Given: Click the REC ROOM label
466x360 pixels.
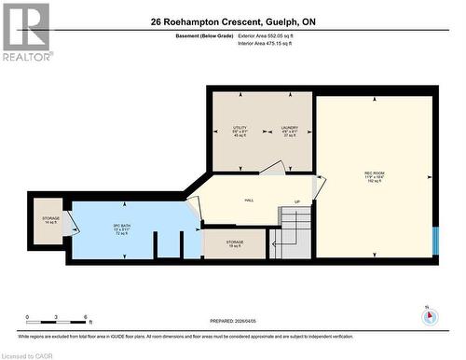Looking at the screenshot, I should pyautogui.click(x=376, y=175).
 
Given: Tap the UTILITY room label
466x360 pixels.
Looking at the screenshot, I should pyautogui.click(x=240, y=130).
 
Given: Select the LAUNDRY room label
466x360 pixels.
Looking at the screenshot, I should pyautogui.click(x=289, y=130).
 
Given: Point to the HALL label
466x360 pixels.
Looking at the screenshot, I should pyautogui.click(x=250, y=200).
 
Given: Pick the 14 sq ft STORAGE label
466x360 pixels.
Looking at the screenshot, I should pyautogui.click(x=50, y=220).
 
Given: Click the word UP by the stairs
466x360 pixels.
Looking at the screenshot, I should pyautogui.click(x=297, y=202).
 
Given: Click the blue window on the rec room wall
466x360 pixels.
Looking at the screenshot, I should pyautogui.click(x=434, y=240).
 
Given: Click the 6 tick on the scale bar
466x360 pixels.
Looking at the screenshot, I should pyautogui.click(x=86, y=318).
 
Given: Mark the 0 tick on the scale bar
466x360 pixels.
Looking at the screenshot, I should pyautogui.click(x=28, y=318).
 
